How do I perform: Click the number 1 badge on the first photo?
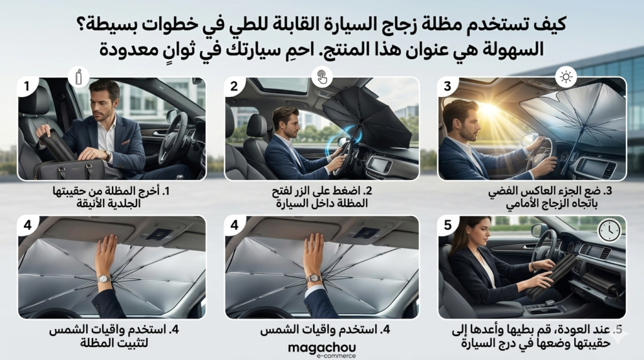coord(27,87)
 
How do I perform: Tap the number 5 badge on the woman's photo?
coord(448,225)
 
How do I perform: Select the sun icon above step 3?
coord(566,77)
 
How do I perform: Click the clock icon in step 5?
coord(609,230)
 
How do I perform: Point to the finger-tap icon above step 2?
coord(321,76)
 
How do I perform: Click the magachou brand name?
coord(322,347)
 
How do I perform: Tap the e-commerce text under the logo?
coord(336,356)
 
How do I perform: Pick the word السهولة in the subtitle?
coord(509,49)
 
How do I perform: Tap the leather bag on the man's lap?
coord(69,169)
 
